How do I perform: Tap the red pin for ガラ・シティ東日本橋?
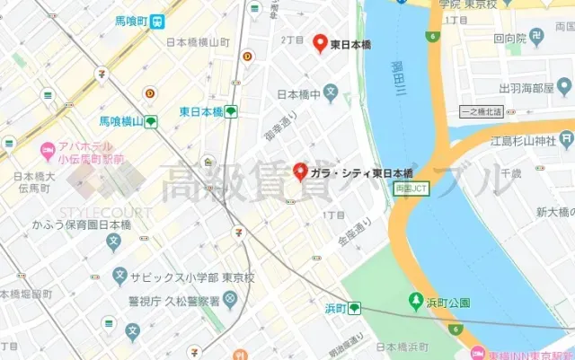click(x=301, y=171)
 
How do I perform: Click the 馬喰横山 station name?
click(x=121, y=121)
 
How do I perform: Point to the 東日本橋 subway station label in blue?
click(x=200, y=112)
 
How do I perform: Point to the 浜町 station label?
click(x=335, y=308)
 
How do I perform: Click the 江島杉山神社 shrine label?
click(x=521, y=141)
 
